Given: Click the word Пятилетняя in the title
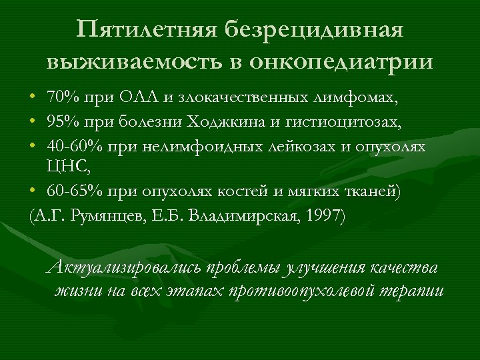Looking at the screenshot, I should coord(147,29).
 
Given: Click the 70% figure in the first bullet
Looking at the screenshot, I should coord(62,99).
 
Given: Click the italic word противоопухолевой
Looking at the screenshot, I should coord(303,291).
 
